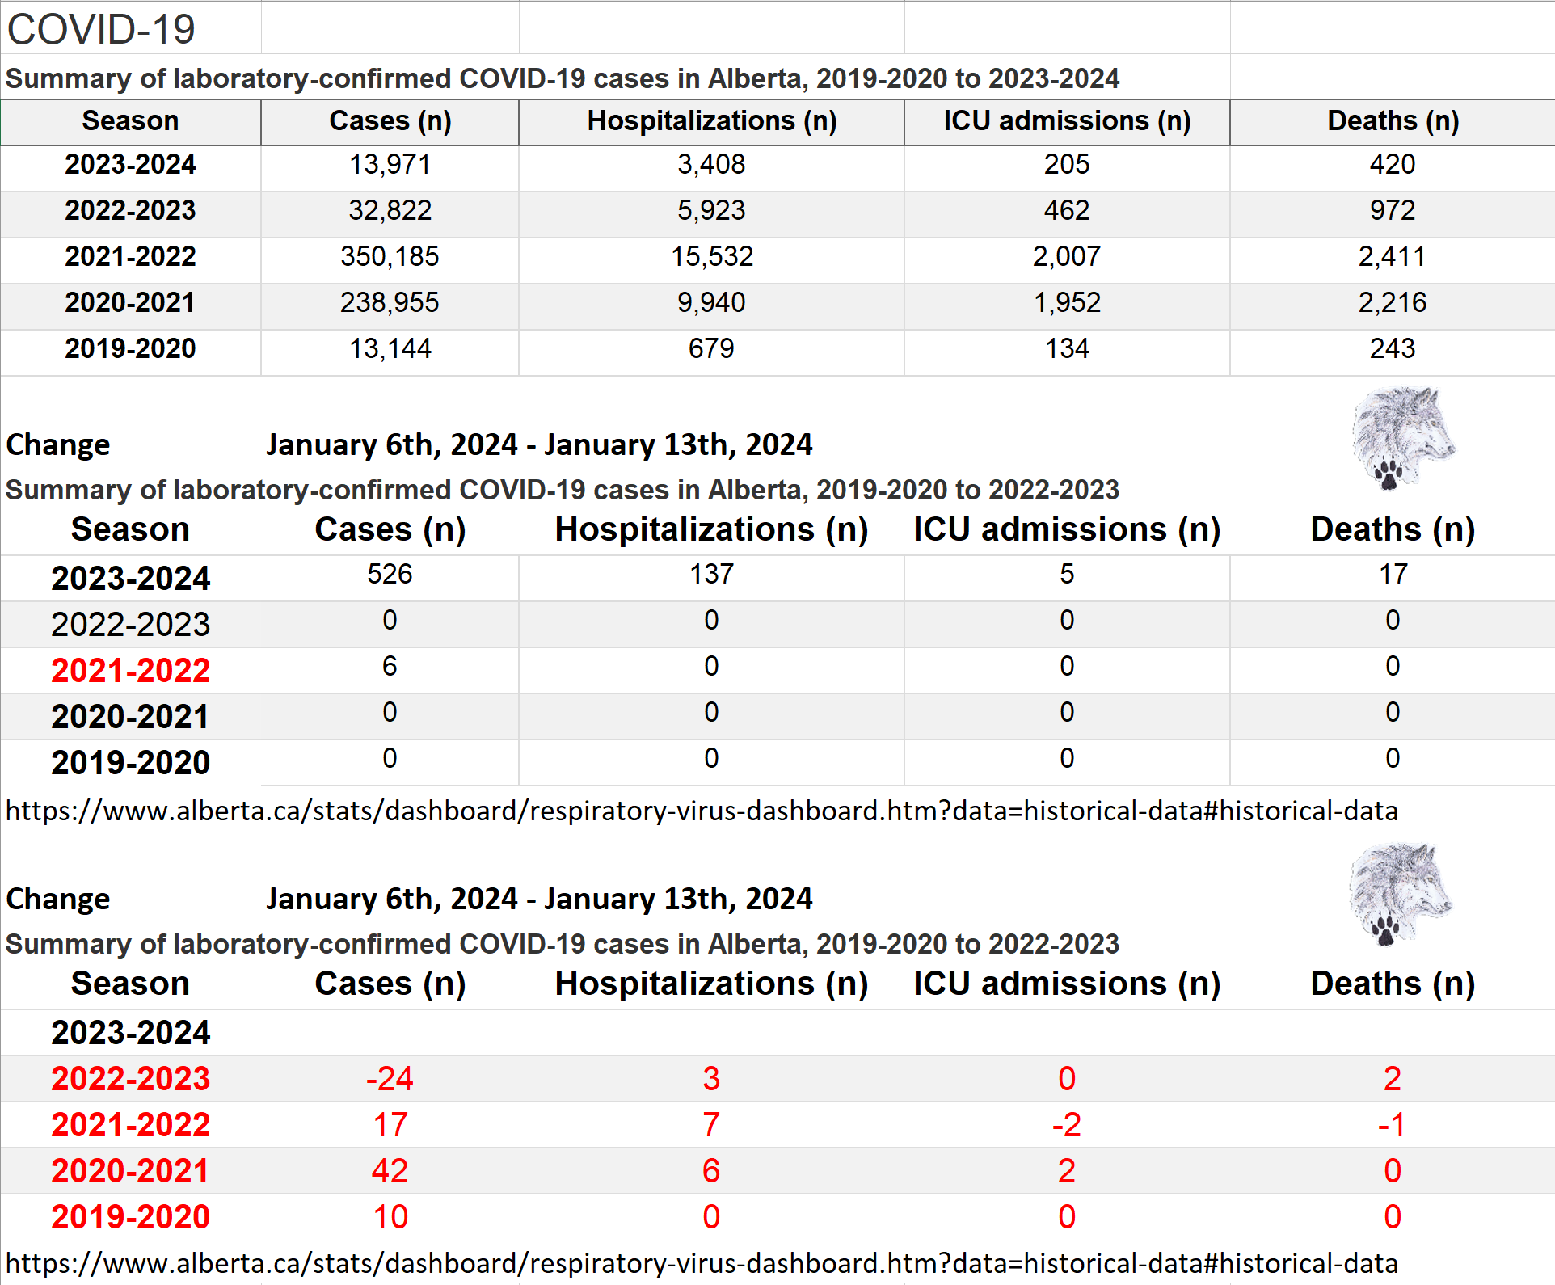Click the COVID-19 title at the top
pyautogui.click(x=101, y=30)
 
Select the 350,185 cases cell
pyautogui.click(x=390, y=256)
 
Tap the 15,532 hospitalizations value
pyautogui.click(x=711, y=256)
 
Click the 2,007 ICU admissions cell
pyautogui.click(x=1066, y=256)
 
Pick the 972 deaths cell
pyautogui.click(x=1392, y=210)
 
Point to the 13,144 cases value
pyautogui.click(x=390, y=348)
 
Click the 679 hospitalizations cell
pyautogui.click(x=711, y=348)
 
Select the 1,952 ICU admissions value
pyautogui.click(x=1066, y=302)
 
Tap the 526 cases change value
pyautogui.click(x=390, y=574)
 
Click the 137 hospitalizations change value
pyautogui.click(x=711, y=574)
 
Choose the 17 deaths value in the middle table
pyautogui.click(x=1393, y=574)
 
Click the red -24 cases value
pyautogui.click(x=390, y=1078)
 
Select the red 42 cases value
pyautogui.click(x=390, y=1170)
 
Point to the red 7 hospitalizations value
pyautogui.click(x=711, y=1124)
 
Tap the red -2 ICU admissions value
pyautogui.click(x=1066, y=1124)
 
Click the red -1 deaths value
pyautogui.click(x=1392, y=1124)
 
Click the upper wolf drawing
pyautogui.click(x=1404, y=437)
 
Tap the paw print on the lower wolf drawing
pyautogui.click(x=1385, y=929)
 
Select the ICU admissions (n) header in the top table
pyautogui.click(x=1067, y=120)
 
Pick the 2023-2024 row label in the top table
pyautogui.click(x=130, y=164)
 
